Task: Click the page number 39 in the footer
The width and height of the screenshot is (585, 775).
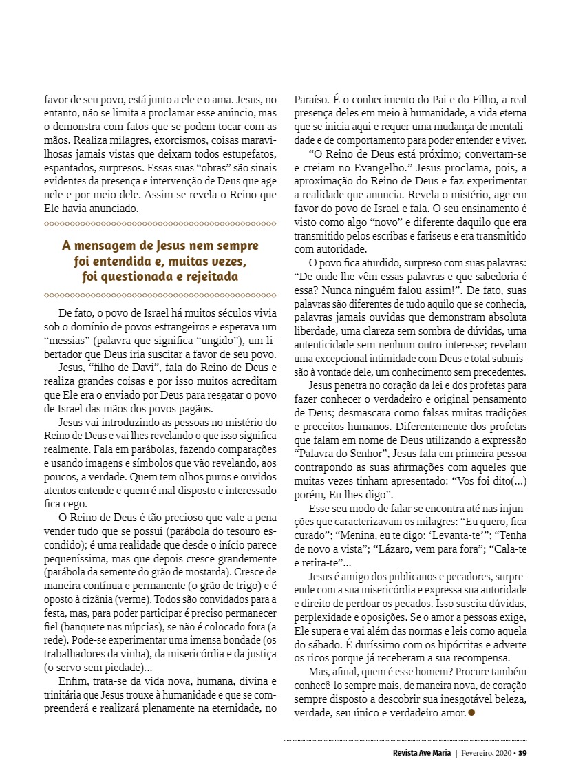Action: tap(522, 752)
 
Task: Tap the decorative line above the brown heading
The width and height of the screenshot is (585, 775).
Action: tap(160, 224)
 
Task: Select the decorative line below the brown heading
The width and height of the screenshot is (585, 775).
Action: tap(160, 295)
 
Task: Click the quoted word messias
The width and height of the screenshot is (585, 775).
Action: tap(65, 341)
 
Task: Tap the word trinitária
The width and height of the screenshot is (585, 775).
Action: tap(66, 694)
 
